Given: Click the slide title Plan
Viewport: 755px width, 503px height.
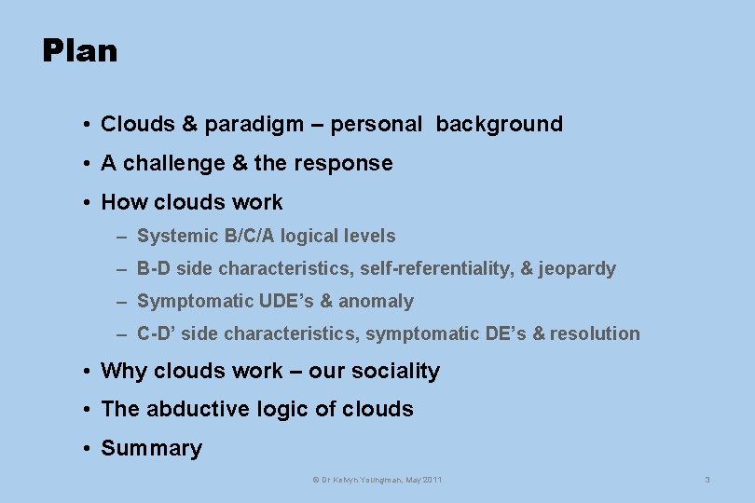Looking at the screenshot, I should coord(80,50).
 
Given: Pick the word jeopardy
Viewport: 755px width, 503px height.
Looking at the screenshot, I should coord(577,269).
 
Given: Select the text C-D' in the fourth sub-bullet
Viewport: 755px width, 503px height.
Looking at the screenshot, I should coord(157,333).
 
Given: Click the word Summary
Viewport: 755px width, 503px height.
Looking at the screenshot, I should coord(151,448).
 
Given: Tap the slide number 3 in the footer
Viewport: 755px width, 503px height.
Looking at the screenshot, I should coord(707,480).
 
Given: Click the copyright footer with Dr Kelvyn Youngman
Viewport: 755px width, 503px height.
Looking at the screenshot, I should coord(377,480).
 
